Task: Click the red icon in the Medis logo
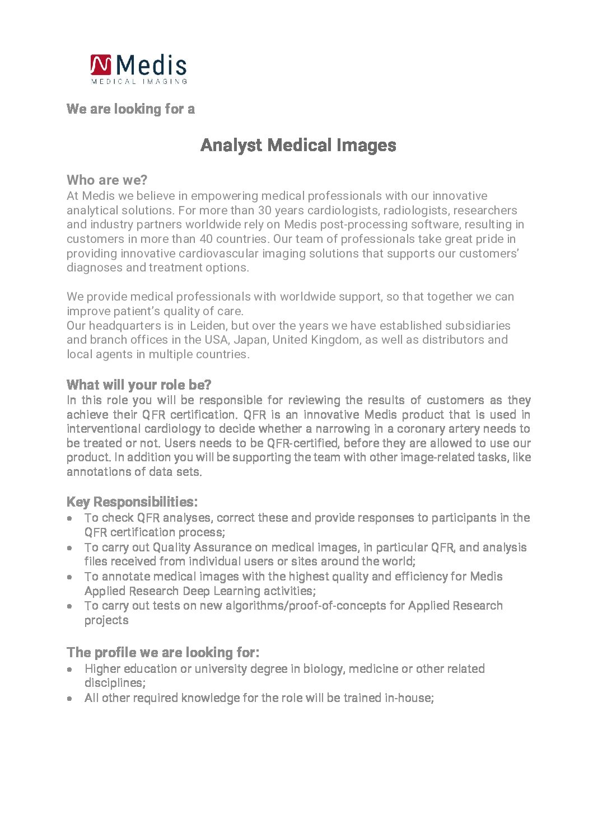101,65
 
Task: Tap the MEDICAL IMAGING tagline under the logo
139,81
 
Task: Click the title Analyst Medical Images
298,145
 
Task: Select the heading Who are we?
107,180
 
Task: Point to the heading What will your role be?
139,385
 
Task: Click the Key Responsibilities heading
132,502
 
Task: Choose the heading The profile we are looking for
163,652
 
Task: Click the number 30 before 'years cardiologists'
265,210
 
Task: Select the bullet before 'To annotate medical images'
69,577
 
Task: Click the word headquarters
125,325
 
